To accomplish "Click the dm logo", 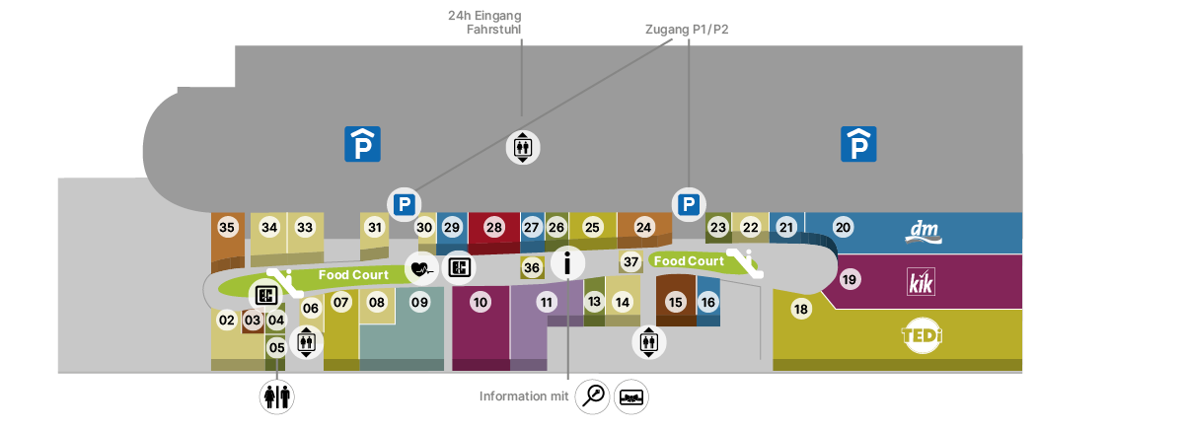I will pyautogui.click(x=925, y=232).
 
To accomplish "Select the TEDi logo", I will pyautogui.click(x=922, y=336).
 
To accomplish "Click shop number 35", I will pyautogui.click(x=228, y=228).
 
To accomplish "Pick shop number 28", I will pyautogui.click(x=494, y=228).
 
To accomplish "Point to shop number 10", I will pyautogui.click(x=481, y=303).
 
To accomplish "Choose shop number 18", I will pyautogui.click(x=801, y=310).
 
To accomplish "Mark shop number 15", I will pyautogui.click(x=675, y=303).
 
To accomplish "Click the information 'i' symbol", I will pyautogui.click(x=568, y=262).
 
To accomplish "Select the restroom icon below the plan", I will pyautogui.click(x=276, y=396).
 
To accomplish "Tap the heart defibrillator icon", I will pyautogui.click(x=421, y=267).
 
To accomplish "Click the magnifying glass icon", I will pyautogui.click(x=593, y=396).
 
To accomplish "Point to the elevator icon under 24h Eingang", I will pyautogui.click(x=522, y=147).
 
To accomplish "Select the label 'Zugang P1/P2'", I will pyautogui.click(x=686, y=30).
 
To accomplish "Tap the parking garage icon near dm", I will pyautogui.click(x=858, y=144).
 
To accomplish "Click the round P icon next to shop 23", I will pyautogui.click(x=688, y=204).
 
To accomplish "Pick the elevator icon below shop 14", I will pyautogui.click(x=648, y=342).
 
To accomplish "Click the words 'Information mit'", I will pyautogui.click(x=524, y=396).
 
